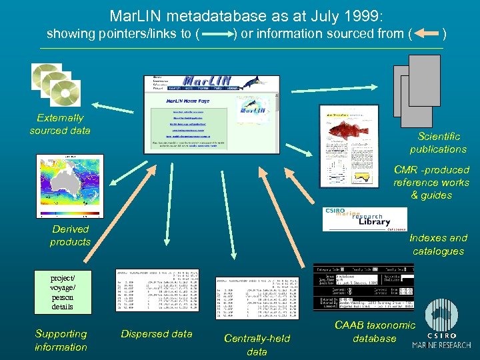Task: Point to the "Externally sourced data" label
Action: [60, 124]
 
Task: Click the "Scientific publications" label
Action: [438, 143]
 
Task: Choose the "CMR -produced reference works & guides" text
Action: [431, 183]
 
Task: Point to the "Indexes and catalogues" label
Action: [438, 245]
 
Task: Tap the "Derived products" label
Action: [70, 235]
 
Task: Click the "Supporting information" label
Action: [61, 340]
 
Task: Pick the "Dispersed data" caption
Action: [157, 334]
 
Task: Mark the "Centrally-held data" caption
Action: [257, 345]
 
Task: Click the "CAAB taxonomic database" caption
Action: [374, 331]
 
